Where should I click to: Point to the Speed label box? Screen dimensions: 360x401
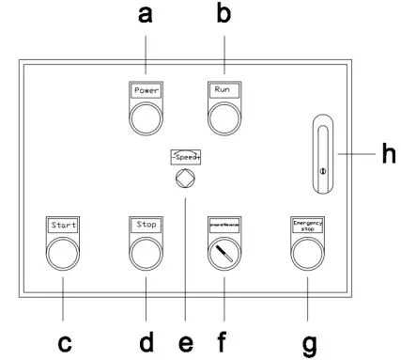point(185,157)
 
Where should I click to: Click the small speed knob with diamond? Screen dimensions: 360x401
point(185,178)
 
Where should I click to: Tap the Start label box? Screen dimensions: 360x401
point(62,226)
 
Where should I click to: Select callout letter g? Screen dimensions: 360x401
point(309,345)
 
